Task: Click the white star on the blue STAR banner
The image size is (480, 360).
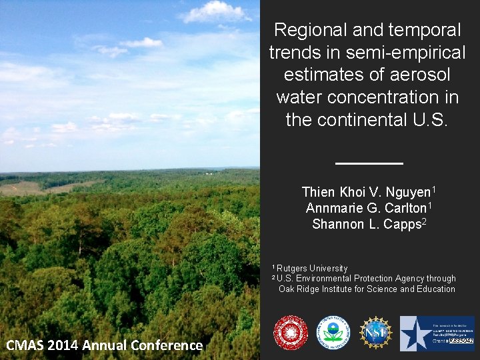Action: pyautogui.click(x=415, y=333)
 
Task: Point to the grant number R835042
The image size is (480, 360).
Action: pyautogui.click(x=461, y=341)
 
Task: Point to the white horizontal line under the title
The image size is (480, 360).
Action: pyautogui.click(x=369, y=163)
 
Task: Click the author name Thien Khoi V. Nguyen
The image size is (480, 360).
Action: pyautogui.click(x=366, y=192)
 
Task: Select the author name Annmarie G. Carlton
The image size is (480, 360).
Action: pyautogui.click(x=366, y=208)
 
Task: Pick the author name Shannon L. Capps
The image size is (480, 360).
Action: pyautogui.click(x=366, y=225)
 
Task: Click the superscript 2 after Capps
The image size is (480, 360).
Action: pyautogui.click(x=424, y=221)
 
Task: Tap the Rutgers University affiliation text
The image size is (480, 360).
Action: pyautogui.click(x=312, y=268)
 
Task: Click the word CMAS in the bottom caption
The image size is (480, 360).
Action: pyautogui.click(x=25, y=345)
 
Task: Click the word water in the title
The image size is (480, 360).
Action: pyautogui.click(x=299, y=97)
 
